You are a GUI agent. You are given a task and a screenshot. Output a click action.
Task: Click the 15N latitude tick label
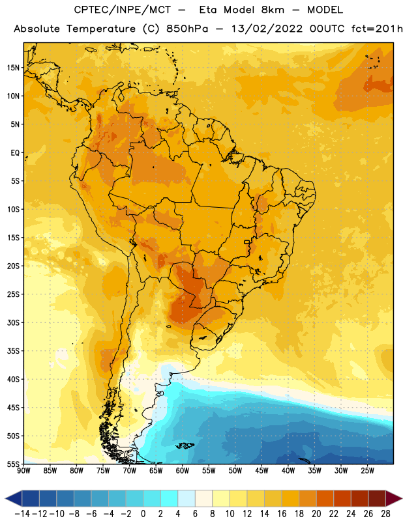[x=13, y=68]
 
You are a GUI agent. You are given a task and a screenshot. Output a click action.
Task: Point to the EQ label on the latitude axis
[x=15, y=153]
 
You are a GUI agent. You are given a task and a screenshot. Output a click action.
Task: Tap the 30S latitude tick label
[x=13, y=322]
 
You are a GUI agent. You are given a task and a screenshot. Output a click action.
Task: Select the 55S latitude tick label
[x=13, y=464]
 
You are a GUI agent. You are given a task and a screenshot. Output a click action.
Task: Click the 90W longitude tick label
[x=23, y=470]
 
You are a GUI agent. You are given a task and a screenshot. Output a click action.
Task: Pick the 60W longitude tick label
[x=183, y=470]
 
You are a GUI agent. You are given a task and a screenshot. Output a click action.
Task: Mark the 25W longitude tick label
[x=367, y=470]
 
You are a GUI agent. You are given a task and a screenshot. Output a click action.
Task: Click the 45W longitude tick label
[x=261, y=470]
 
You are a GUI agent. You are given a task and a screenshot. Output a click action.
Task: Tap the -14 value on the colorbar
[x=22, y=514]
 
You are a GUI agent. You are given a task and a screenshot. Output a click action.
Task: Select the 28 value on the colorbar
[x=385, y=514]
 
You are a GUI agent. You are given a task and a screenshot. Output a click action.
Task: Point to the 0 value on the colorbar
[x=143, y=514]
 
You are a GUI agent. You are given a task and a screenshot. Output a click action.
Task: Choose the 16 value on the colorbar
[x=282, y=514]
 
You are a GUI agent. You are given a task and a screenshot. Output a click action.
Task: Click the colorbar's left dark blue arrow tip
[x=5, y=498]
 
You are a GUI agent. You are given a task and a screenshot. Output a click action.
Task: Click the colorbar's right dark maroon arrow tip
[x=402, y=498]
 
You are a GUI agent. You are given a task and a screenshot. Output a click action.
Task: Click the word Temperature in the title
[x=101, y=29]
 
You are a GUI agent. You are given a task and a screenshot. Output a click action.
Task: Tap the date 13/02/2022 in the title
[x=267, y=29]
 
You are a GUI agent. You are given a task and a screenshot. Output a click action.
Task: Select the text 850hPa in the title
[x=187, y=29]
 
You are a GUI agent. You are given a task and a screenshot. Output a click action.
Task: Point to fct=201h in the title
[x=377, y=29]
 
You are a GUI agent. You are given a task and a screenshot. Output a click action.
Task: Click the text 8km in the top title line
[x=273, y=10]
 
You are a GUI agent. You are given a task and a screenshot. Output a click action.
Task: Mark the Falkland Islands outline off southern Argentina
[x=185, y=445]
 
